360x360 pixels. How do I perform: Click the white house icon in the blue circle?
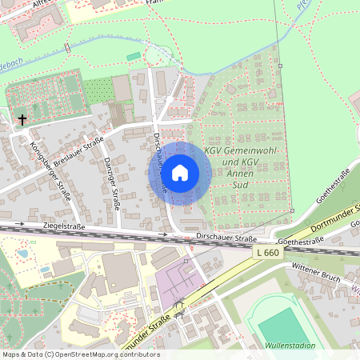coord(180,172)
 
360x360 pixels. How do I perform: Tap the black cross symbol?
coord(22,120)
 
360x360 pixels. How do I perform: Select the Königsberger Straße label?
coord(50,172)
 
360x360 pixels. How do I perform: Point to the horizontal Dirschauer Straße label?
coord(227,238)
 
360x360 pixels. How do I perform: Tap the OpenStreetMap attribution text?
coord(80,354)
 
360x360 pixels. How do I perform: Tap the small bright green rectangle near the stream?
coord(133,56)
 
